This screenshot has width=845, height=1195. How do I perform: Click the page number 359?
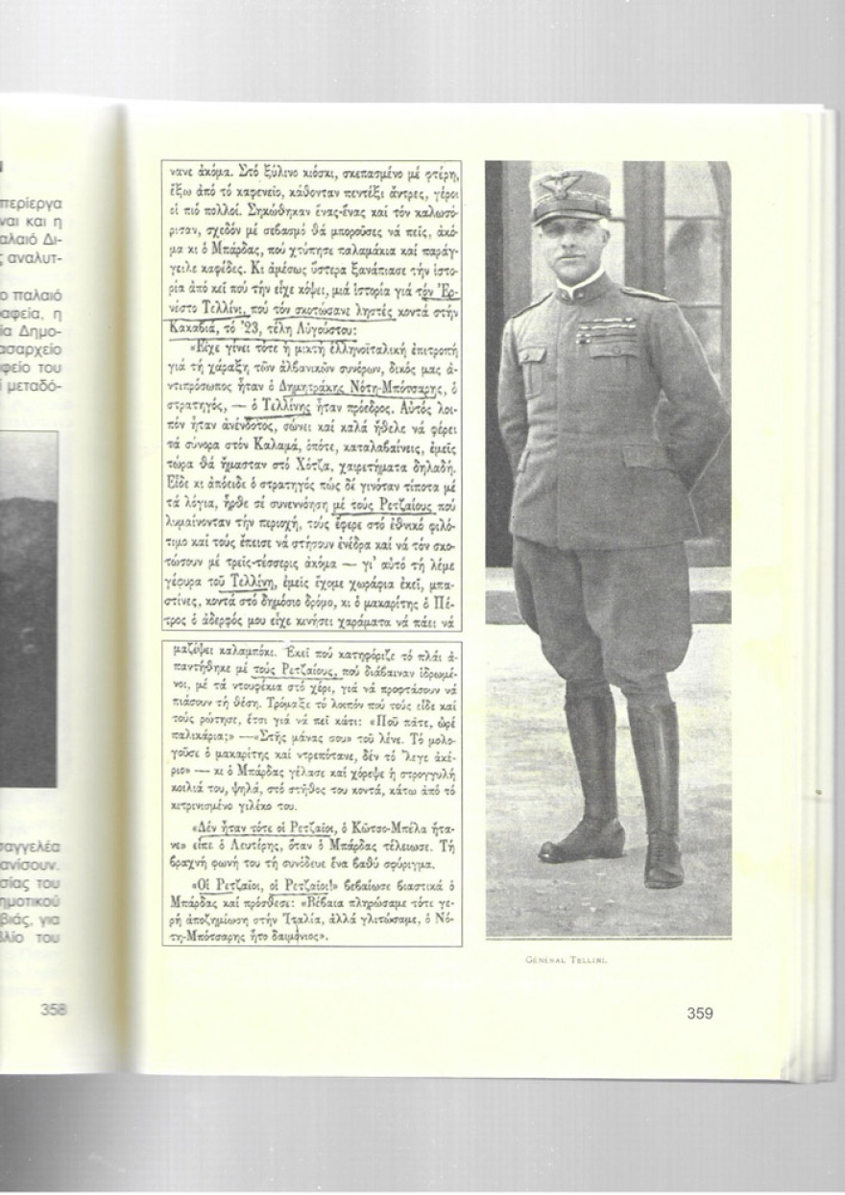[x=700, y=1012]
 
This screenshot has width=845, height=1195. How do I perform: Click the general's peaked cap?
[x=570, y=196]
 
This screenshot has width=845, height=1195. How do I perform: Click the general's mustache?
[x=569, y=263]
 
